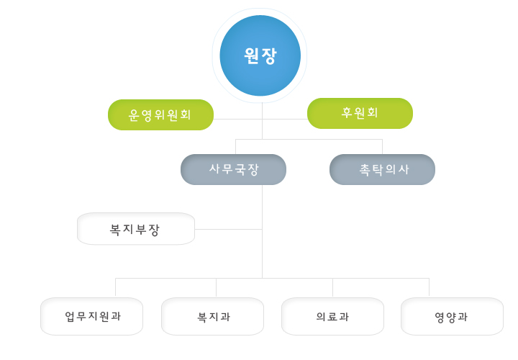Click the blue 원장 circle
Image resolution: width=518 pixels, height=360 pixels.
[x=260, y=55]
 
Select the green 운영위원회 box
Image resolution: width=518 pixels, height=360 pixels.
[x=160, y=114]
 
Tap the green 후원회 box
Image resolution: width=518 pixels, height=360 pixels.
[x=360, y=113]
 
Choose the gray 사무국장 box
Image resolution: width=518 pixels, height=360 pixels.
[x=233, y=169]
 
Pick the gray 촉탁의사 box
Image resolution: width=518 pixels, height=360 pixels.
[x=382, y=169]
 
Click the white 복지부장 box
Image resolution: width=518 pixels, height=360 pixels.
[x=136, y=229]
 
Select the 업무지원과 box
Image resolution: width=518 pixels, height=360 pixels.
[x=91, y=316]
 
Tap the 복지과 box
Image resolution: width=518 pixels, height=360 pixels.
[x=212, y=316]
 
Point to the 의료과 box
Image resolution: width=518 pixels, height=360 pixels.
[x=332, y=316]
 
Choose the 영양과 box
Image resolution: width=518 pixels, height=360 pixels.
[x=452, y=316]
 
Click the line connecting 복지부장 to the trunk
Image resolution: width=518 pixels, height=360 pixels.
[x=228, y=229]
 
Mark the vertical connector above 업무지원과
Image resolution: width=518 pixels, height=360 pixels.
[x=116, y=287]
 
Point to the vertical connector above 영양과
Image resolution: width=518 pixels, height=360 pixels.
[x=429, y=287]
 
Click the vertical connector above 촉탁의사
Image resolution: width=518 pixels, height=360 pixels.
[x=382, y=147]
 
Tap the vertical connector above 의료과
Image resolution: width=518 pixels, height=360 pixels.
[x=332, y=287]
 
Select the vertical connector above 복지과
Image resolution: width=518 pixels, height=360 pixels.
[x=217, y=287]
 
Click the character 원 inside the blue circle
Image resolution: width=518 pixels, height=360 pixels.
[x=252, y=55]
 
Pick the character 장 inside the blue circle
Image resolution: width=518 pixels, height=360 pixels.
[x=268, y=56]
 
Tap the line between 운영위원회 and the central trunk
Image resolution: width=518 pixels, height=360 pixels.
[x=238, y=119]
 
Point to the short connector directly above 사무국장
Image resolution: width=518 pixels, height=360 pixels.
[x=235, y=147]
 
